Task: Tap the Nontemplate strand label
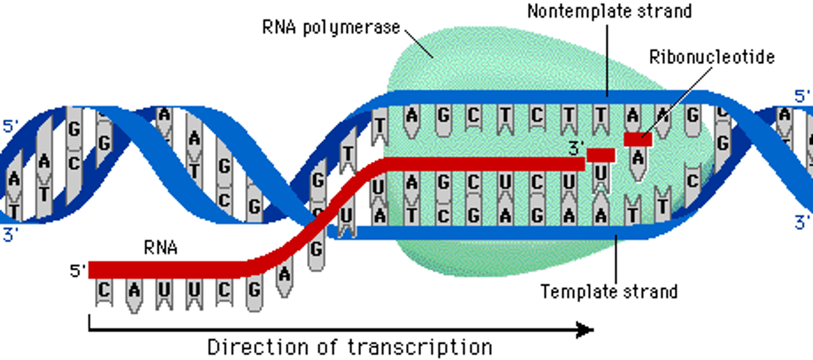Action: (x=609, y=10)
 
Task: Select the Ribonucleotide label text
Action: (x=711, y=57)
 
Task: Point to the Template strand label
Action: (x=609, y=291)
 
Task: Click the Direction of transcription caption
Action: (x=349, y=345)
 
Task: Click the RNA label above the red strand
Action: (x=161, y=247)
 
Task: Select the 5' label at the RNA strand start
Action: (x=77, y=271)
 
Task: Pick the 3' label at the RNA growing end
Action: (x=576, y=150)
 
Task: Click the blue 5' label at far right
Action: (x=802, y=96)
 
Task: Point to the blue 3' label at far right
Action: (x=802, y=223)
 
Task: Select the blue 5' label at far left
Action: (x=10, y=125)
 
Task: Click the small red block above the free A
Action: (x=638, y=139)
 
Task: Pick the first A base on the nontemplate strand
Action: (x=412, y=117)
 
